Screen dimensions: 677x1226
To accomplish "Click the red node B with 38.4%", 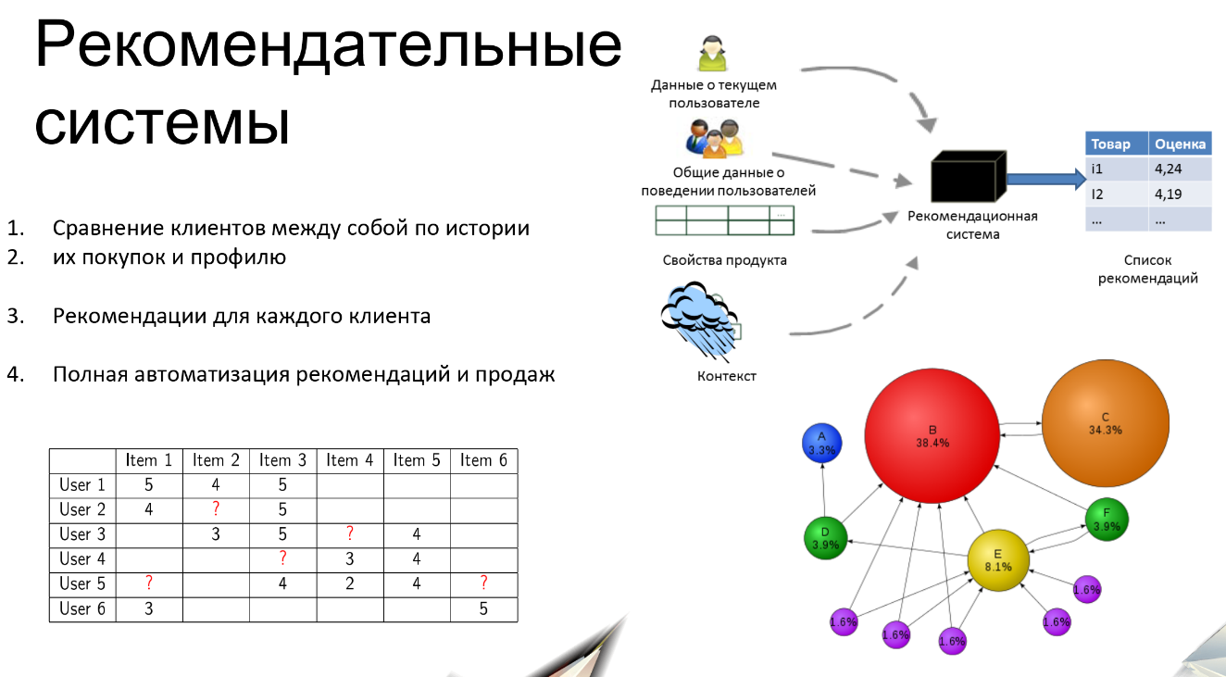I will pos(932,435).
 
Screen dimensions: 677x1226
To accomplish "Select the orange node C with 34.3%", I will pos(1105,422).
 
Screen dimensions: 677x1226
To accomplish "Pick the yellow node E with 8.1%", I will pos(998,559).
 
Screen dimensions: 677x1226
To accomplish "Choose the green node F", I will pos(1107,520).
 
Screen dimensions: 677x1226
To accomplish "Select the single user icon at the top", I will pos(712,54).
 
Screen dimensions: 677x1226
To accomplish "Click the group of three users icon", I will pos(714,138).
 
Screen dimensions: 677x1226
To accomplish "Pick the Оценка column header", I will pos(1180,144).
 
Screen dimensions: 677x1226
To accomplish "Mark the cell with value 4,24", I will pos(1180,169).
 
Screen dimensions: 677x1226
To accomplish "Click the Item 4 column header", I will pos(350,460).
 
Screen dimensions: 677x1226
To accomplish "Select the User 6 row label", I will pos(82,608).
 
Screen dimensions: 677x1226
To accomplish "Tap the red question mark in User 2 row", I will pos(216,509).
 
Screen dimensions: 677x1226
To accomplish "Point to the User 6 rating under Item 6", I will pos(483,608).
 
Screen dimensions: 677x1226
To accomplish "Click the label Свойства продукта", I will pos(724,260).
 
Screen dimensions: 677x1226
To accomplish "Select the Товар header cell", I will pos(1116,144).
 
